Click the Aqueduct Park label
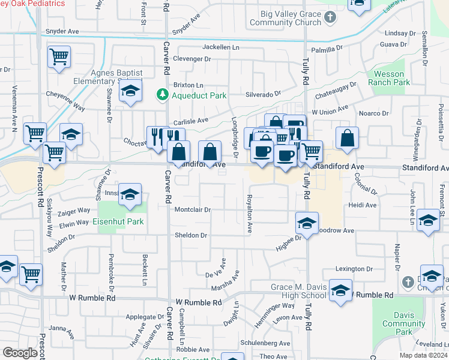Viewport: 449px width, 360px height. click(x=191, y=95)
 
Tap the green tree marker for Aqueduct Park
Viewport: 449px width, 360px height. click(x=161, y=95)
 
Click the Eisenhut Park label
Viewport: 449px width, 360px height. click(x=118, y=221)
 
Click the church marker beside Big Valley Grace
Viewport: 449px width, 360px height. click(x=330, y=18)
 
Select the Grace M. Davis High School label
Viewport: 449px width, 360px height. click(x=298, y=292)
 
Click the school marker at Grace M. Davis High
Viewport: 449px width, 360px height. click(x=340, y=291)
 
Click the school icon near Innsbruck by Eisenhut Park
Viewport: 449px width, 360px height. click(x=130, y=195)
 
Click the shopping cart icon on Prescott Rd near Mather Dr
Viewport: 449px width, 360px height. click(x=31, y=274)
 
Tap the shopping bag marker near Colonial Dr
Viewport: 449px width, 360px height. click(x=348, y=139)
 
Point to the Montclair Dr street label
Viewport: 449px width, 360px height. click(x=193, y=210)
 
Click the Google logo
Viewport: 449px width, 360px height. click(x=20, y=353)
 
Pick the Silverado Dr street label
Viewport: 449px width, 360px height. click(x=263, y=94)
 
